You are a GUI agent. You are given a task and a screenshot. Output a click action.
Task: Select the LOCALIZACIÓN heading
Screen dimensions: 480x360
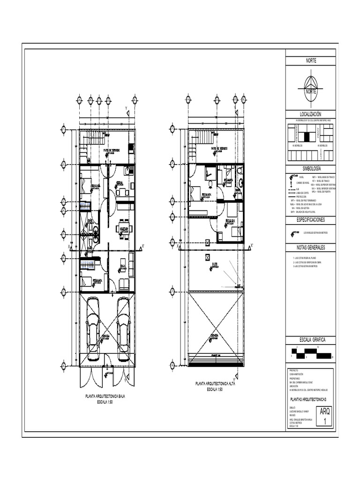(311, 114)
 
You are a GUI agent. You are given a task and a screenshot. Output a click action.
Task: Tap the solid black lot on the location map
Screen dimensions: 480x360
(307, 136)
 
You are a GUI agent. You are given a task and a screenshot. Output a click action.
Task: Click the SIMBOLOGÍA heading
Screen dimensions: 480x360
(311, 168)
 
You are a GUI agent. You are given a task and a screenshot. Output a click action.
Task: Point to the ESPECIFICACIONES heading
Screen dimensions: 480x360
(311, 219)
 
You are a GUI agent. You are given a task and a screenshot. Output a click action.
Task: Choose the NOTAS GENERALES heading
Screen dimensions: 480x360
(311, 247)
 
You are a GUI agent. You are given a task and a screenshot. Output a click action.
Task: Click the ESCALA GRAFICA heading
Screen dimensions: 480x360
(311, 339)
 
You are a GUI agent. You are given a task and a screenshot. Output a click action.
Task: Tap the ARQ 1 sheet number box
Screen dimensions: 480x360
(324, 416)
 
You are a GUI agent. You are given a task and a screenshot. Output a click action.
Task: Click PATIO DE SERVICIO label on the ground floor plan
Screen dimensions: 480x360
(111, 150)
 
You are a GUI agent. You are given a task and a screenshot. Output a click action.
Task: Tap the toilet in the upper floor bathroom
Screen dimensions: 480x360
(240, 171)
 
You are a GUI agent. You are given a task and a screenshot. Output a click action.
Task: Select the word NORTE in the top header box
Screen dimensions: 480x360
(311, 61)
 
